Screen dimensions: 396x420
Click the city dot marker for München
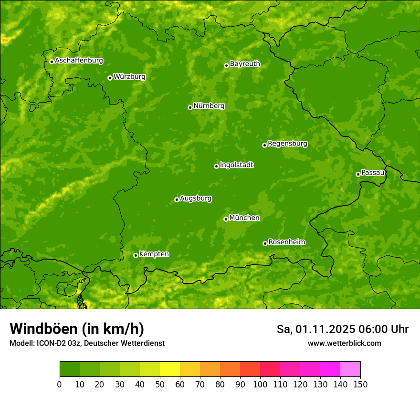226,219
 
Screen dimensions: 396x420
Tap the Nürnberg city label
209,106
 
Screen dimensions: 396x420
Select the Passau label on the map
373,173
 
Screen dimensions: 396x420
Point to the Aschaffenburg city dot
52,62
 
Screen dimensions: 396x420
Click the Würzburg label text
129,77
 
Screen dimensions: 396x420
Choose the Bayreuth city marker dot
226,65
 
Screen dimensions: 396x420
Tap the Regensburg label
287,144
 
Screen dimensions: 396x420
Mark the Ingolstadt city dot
216,166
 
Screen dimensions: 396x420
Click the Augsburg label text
196,198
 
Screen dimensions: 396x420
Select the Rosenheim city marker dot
265,243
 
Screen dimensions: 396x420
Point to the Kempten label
154,254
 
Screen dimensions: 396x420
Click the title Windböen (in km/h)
77,329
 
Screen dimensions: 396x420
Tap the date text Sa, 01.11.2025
315,329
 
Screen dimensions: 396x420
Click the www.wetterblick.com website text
344,343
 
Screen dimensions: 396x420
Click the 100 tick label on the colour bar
260,385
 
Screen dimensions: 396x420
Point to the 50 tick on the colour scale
160,385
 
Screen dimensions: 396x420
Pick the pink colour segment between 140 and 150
350,369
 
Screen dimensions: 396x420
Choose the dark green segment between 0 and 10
70,369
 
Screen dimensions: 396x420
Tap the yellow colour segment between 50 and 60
170,369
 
